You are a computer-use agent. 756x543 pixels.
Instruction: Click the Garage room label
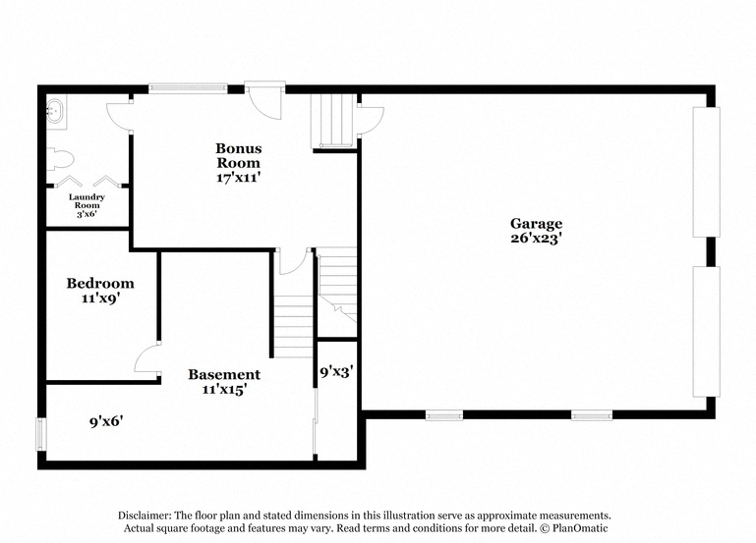pyautogui.click(x=536, y=223)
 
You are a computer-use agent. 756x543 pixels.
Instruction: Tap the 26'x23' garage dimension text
pyautogui.click(x=537, y=238)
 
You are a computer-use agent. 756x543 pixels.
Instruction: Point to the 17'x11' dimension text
pyautogui.click(x=239, y=177)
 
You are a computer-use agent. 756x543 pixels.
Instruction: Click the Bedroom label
pyautogui.click(x=100, y=283)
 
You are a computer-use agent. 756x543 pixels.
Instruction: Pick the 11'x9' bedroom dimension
pyautogui.click(x=100, y=299)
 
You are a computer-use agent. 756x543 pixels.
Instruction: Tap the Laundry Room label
pyautogui.click(x=87, y=200)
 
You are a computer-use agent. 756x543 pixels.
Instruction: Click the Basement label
pyautogui.click(x=224, y=374)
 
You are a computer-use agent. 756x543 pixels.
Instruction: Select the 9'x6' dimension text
pyautogui.click(x=106, y=421)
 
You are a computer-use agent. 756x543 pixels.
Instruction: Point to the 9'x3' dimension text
pyautogui.click(x=336, y=371)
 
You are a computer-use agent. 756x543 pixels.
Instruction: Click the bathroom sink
pyautogui.click(x=55, y=110)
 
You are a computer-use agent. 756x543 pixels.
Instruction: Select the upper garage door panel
pyautogui.click(x=706, y=172)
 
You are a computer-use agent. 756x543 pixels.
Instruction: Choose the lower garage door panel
pyautogui.click(x=706, y=331)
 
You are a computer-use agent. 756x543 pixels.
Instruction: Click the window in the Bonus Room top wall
pyautogui.click(x=188, y=88)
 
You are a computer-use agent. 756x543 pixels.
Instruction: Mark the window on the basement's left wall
pyautogui.click(x=41, y=434)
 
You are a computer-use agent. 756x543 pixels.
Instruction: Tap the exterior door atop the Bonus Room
pyautogui.click(x=264, y=99)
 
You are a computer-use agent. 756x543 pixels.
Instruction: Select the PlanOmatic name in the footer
pyautogui.click(x=580, y=528)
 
